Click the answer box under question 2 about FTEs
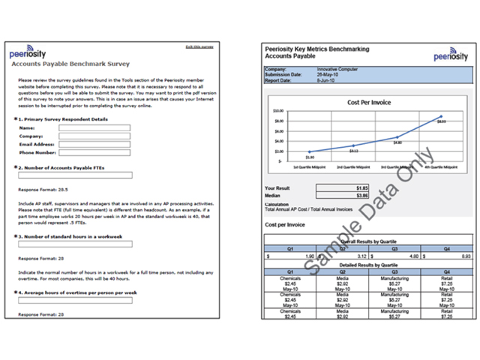click(x=75, y=175)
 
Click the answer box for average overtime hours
click(x=75, y=300)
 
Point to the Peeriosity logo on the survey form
click(x=28, y=54)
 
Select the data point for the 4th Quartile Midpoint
click(x=441, y=116)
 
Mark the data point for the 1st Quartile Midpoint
click(x=309, y=152)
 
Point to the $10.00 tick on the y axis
click(x=278, y=111)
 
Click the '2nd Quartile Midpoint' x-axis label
click(x=353, y=166)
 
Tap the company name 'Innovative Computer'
click(x=337, y=70)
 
